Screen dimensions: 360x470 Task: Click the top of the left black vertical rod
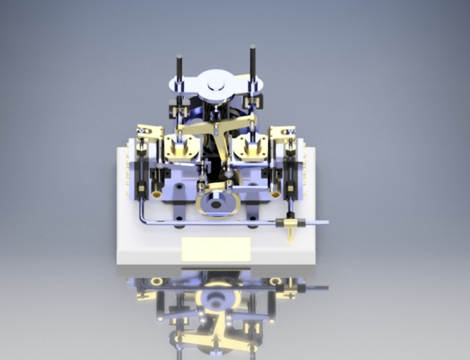(178, 58)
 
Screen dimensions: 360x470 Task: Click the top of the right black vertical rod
(253, 48)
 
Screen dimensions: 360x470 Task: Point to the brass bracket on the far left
(150, 133)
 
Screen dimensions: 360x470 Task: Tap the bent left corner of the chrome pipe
(142, 220)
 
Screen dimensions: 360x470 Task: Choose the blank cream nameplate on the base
(216, 249)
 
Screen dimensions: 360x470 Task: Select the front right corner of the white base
(312, 263)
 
